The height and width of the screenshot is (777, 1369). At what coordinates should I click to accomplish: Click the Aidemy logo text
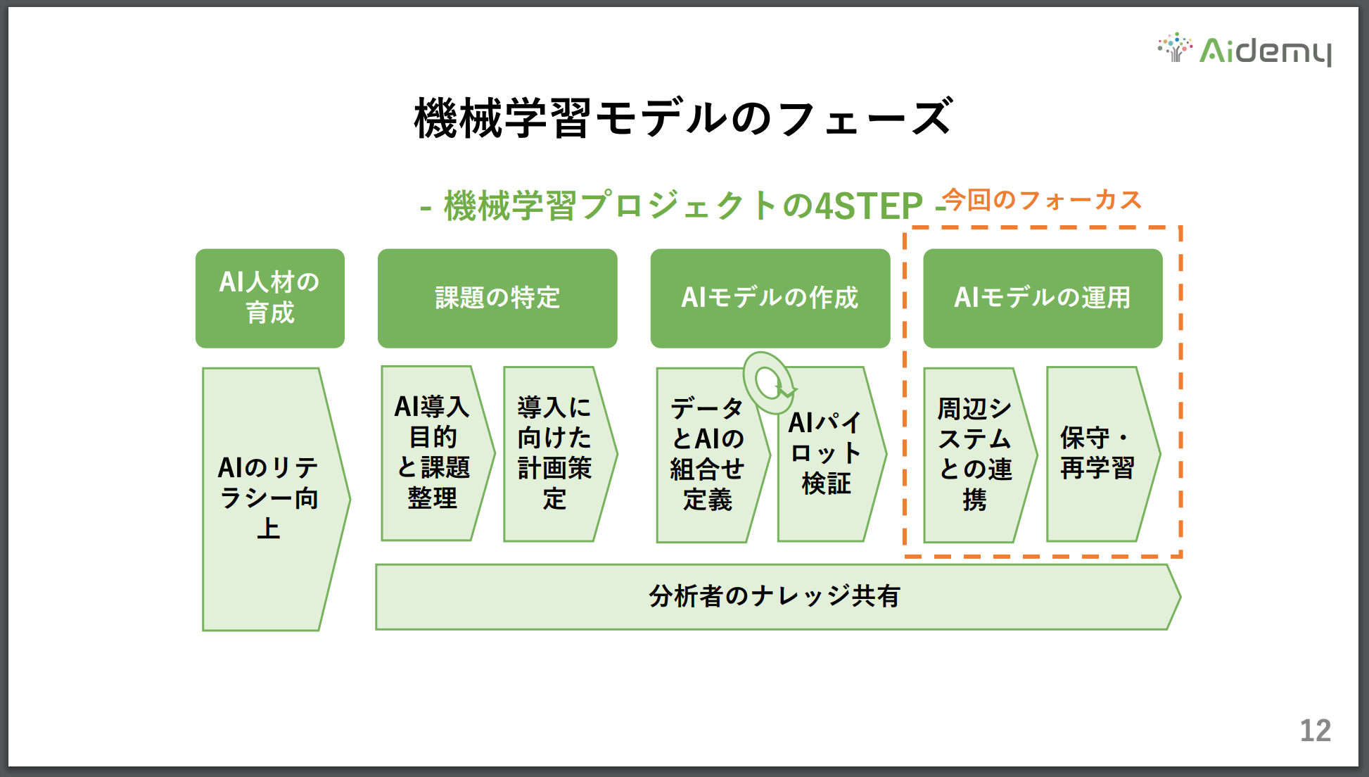pos(1265,51)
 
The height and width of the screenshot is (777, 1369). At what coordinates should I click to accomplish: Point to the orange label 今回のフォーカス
pos(1042,200)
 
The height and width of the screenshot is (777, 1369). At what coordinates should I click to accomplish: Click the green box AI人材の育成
pos(270,298)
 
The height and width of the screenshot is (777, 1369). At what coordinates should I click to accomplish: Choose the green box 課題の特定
pos(497,298)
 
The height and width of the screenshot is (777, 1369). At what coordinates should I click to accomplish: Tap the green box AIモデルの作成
pos(770,298)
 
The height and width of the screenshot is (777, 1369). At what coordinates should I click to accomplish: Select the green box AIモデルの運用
pos(1043,298)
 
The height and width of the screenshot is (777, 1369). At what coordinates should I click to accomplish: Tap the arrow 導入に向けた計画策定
pos(560,454)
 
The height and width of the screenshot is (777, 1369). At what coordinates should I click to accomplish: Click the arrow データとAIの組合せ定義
pos(713,455)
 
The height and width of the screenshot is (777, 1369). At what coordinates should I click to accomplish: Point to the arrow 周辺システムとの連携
pos(980,455)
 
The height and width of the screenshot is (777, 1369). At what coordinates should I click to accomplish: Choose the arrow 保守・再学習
pos(1103,454)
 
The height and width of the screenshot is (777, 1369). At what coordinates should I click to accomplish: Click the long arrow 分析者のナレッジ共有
pos(778,597)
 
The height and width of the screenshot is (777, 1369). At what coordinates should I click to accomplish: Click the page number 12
pos(1315,731)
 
